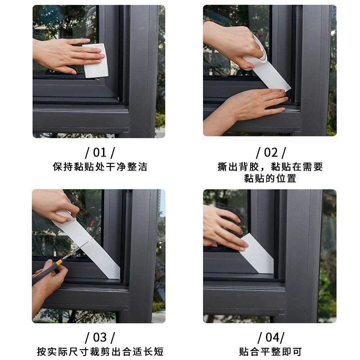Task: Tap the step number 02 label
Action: [270, 153]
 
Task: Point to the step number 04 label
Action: [270, 337]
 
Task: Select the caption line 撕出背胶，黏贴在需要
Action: [270, 167]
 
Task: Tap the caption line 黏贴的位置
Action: [270, 178]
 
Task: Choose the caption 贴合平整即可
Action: [270, 351]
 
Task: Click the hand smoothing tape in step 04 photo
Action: [223, 227]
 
